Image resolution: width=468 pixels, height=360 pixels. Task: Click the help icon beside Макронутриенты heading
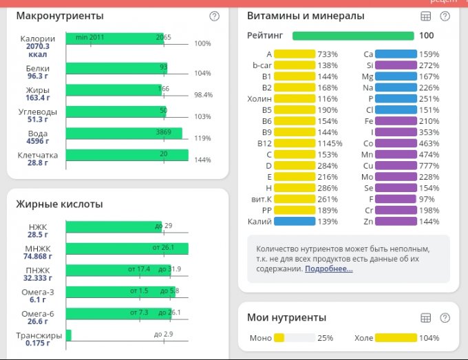pos(214,16)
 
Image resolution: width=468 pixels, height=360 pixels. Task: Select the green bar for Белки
pos(116,67)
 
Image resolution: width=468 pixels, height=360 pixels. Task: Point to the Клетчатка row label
pos(37,155)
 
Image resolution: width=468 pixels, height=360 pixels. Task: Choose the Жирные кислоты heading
pos(59,204)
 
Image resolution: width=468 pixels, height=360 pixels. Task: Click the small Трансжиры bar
pos(69,335)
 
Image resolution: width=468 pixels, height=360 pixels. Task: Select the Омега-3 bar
pos(120,292)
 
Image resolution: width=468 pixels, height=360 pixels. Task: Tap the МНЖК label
pos(38,248)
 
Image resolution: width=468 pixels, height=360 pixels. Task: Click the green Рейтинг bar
pos(353,36)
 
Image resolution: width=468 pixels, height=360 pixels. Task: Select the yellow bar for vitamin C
pos(294,154)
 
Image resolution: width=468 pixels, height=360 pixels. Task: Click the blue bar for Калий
pos(294,222)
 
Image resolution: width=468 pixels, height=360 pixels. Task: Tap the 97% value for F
pos(428,199)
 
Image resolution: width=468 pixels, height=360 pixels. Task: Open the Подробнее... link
pos(329,268)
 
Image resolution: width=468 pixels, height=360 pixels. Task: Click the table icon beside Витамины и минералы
pos(425,16)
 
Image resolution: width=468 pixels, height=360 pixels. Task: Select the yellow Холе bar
pos(396,338)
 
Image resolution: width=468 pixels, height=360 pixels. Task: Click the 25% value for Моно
pos(326,338)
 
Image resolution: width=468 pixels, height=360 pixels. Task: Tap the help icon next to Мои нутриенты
pos(445,317)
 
